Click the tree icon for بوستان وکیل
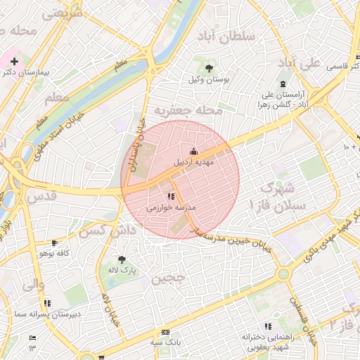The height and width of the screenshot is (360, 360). (210, 67)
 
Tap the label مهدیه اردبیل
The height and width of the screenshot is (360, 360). (193, 162)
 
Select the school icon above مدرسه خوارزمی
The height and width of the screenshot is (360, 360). (171, 197)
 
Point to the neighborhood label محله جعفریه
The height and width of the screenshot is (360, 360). (188, 110)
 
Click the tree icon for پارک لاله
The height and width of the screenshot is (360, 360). (122, 259)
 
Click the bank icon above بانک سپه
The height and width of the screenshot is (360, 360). (166, 332)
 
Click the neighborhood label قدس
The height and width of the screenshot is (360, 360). (43, 198)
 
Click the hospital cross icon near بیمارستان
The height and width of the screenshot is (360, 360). (13, 61)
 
